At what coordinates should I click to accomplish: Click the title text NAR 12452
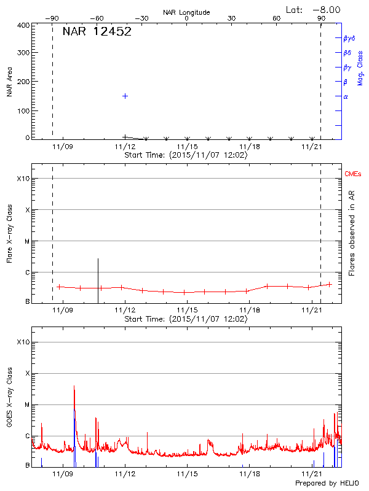(x=97, y=32)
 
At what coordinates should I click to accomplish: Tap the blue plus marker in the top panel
(x=125, y=96)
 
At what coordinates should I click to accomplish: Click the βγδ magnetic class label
(x=348, y=38)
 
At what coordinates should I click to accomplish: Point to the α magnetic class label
(x=346, y=96)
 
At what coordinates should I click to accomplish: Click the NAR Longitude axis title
(x=186, y=12)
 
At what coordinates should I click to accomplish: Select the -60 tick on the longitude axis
(x=97, y=18)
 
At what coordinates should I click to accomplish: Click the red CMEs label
(x=353, y=175)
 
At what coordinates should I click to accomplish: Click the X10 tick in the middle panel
(x=24, y=179)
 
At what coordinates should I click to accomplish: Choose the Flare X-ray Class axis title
(x=9, y=233)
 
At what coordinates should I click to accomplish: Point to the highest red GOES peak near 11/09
(x=74, y=387)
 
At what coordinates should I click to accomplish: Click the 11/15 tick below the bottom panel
(x=188, y=474)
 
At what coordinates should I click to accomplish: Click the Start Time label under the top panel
(x=186, y=155)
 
